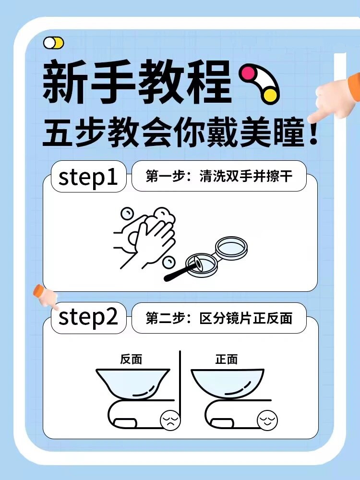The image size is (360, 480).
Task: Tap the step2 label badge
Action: click(88, 318)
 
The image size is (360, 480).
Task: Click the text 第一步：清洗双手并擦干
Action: click(219, 177)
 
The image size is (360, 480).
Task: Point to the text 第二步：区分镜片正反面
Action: click(219, 318)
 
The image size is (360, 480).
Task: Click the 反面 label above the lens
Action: click(131, 359)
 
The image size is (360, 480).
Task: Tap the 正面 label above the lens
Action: click(227, 359)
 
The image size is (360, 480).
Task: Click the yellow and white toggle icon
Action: click(53, 43)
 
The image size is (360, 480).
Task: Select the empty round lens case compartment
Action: click(231, 248)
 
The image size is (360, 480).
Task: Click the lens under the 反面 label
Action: click(132, 383)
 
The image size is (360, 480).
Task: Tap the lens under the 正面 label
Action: click(227, 383)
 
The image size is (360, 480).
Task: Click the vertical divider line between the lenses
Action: click(180, 384)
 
